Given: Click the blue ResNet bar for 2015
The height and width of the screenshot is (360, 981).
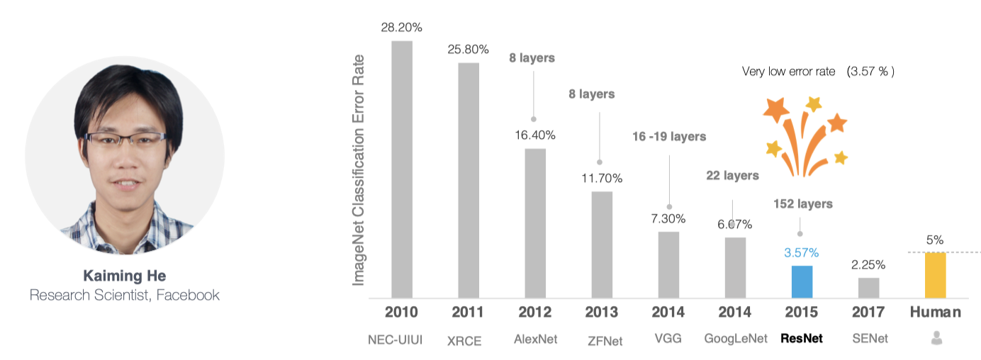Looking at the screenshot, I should pos(802,282).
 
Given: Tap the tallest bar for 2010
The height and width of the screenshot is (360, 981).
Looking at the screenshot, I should pos(402,170).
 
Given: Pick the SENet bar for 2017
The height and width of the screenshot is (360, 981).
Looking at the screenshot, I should pos(868,288).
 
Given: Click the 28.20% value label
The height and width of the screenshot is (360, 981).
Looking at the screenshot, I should pos(402,28).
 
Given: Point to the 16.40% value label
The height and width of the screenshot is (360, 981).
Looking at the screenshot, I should pos(535,135).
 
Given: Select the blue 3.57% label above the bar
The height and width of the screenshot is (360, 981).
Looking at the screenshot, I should pos(801,252).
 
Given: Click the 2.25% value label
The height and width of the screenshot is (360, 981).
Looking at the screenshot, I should pos(868,264).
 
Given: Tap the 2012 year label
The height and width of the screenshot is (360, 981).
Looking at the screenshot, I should pos(535,312).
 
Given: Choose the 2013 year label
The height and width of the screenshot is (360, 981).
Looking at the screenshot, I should pos(602,312).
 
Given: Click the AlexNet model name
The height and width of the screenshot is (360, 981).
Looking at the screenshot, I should pos(535,339).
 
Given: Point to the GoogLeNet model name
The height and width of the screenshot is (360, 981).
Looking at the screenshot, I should pos(735,339).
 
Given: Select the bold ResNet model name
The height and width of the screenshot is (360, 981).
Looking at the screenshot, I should pos(801,339).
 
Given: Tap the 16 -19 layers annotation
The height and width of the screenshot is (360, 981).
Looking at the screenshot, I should pos(669,136).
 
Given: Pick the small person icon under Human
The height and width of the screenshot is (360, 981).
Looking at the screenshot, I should pos(936,339).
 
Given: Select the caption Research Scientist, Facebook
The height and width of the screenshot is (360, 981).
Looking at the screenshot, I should pos(125,295).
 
